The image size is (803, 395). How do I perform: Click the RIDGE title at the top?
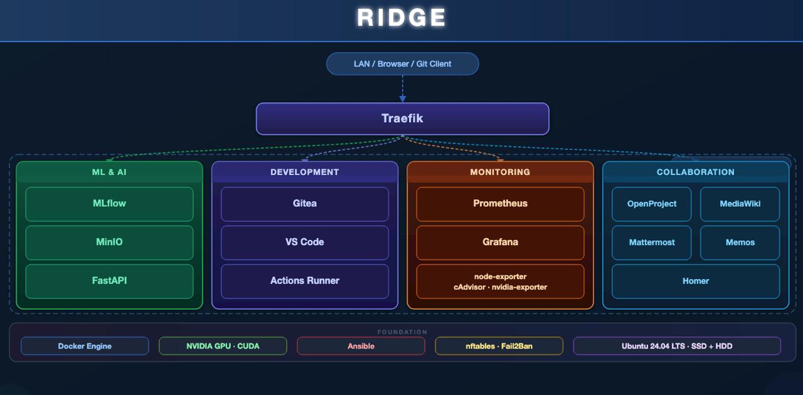pyautogui.click(x=401, y=18)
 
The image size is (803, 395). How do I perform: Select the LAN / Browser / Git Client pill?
pyautogui.click(x=402, y=64)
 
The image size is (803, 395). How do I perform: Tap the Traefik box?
pyautogui.click(x=402, y=118)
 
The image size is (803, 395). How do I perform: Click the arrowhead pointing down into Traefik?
pyautogui.click(x=403, y=98)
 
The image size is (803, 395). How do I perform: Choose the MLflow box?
pyautogui.click(x=109, y=204)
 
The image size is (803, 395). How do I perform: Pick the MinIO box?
pyautogui.click(x=109, y=242)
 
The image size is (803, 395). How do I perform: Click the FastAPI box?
pyautogui.click(x=109, y=281)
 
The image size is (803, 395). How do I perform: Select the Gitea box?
pyautogui.click(x=305, y=204)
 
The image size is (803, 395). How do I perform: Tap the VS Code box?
pyautogui.click(x=305, y=242)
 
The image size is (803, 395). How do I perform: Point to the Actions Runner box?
pyautogui.click(x=305, y=281)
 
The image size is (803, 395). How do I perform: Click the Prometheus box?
pyautogui.click(x=500, y=204)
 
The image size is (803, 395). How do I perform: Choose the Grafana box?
pyautogui.click(x=500, y=242)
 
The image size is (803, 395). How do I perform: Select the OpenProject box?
pyautogui.click(x=652, y=204)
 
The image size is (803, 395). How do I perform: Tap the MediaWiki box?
pyautogui.click(x=740, y=204)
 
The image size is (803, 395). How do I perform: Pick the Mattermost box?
pyautogui.click(x=652, y=243)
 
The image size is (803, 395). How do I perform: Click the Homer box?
pyautogui.click(x=696, y=281)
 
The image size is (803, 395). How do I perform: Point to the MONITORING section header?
pyautogui.click(x=500, y=172)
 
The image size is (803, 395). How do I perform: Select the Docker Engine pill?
pyautogui.click(x=85, y=346)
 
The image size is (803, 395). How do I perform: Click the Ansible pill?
pyautogui.click(x=361, y=346)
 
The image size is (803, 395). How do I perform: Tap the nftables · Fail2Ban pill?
pyautogui.click(x=499, y=346)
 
